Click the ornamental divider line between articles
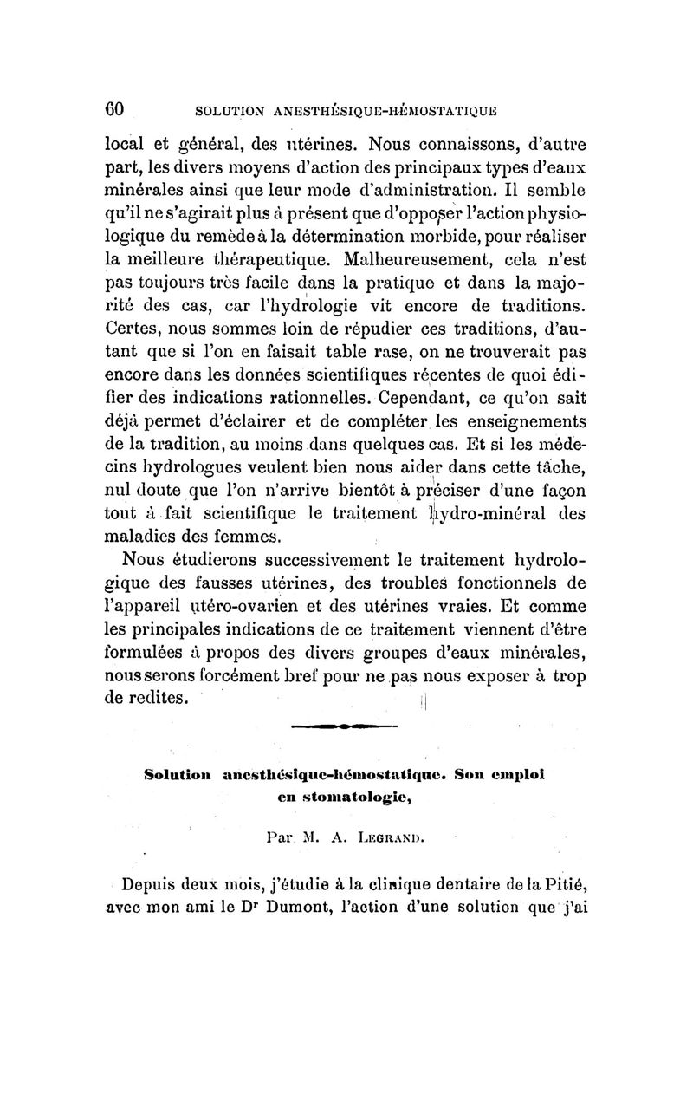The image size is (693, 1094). point(344,726)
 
